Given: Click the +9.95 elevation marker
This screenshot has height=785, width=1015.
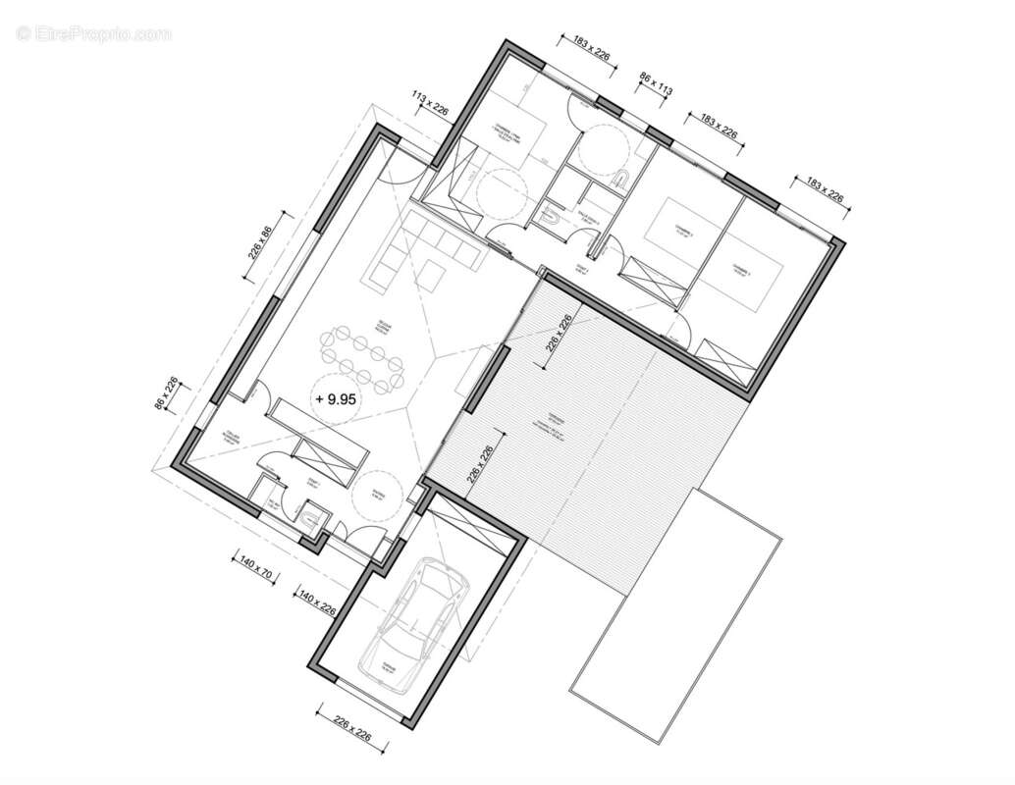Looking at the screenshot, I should click(335, 399).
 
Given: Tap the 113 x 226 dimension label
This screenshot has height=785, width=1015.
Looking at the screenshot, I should click(431, 103).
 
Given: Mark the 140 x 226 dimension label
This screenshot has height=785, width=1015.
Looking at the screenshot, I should click(316, 602).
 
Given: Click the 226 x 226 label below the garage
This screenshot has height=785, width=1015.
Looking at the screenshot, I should click(348, 727).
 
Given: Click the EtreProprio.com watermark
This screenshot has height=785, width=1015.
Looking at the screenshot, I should click(93, 34).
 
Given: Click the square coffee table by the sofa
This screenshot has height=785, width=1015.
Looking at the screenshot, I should click(430, 277).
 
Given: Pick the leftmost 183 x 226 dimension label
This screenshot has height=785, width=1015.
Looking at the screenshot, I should click(585, 47).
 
